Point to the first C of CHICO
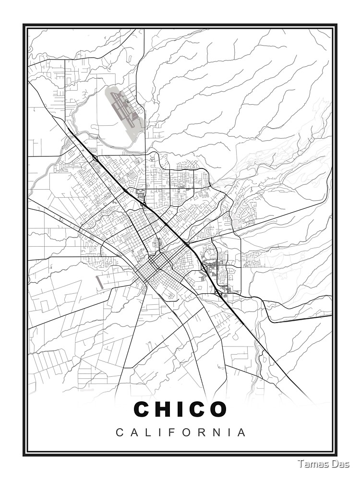pos(144,409)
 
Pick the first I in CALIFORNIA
pos(160,432)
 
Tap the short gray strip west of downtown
pos(99,282)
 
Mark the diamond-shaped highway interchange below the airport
pos(95,158)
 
